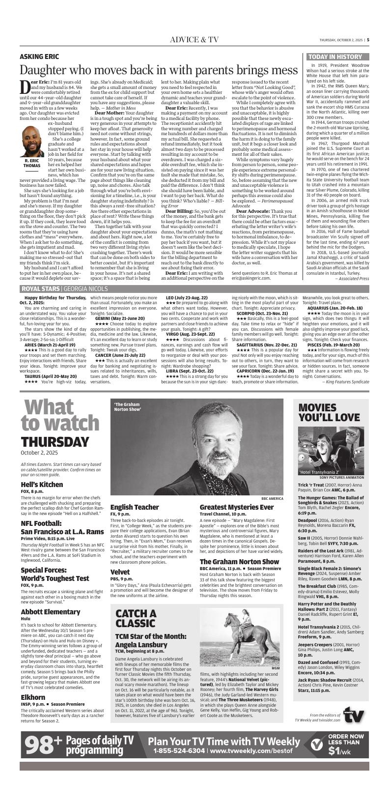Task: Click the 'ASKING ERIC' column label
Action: point(39,57)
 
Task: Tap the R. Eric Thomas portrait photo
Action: point(32,142)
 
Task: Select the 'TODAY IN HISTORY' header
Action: point(335,57)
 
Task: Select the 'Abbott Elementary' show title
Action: point(51,611)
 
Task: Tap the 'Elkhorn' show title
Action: point(33,683)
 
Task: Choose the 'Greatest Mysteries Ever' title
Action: point(236,507)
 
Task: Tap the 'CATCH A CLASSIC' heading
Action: point(136,618)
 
